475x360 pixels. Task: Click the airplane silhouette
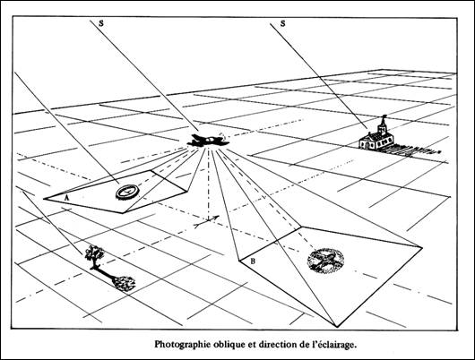(x=209, y=141)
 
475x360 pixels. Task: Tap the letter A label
(x=67, y=198)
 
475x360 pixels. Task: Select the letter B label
(x=253, y=261)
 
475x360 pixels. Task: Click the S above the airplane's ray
(x=101, y=23)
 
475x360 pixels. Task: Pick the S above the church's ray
(x=282, y=23)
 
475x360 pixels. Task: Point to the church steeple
(x=383, y=125)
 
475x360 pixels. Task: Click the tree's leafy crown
(x=94, y=253)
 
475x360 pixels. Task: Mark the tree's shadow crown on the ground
(x=124, y=284)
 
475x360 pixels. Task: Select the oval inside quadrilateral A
(x=127, y=192)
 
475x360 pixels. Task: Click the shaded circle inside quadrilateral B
(x=325, y=261)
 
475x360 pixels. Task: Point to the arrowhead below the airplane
(x=216, y=218)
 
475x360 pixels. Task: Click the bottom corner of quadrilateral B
(x=338, y=327)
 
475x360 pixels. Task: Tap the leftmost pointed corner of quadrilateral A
(x=44, y=199)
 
